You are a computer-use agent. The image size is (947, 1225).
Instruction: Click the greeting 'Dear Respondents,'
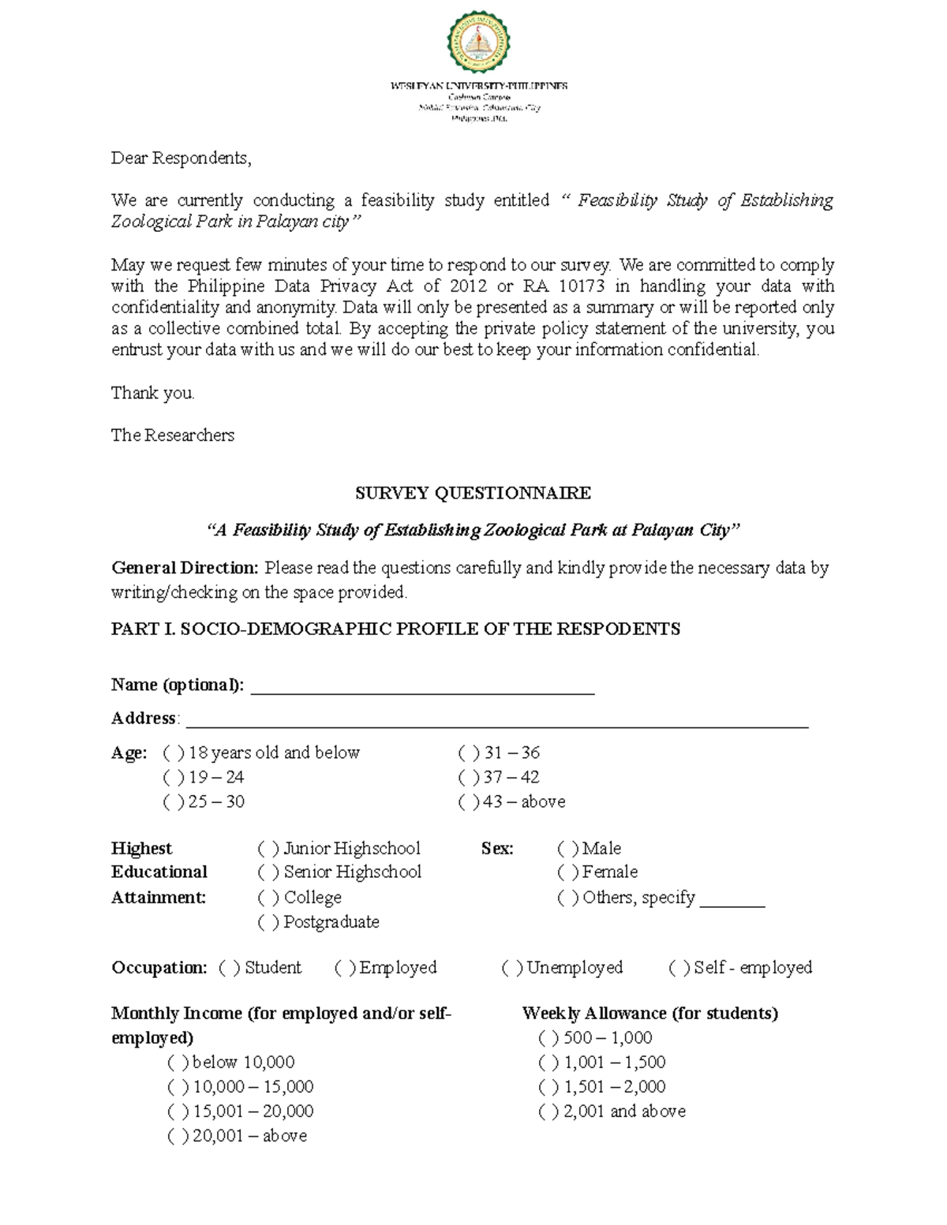pyautogui.click(x=181, y=159)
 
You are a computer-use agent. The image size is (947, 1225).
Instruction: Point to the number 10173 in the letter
pyautogui.click(x=581, y=286)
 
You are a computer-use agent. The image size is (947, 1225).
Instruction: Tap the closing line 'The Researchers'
pyautogui.click(x=172, y=435)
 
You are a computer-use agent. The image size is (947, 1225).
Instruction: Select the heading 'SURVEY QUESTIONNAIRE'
pyautogui.click(x=473, y=494)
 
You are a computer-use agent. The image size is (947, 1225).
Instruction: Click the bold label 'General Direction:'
pyautogui.click(x=185, y=568)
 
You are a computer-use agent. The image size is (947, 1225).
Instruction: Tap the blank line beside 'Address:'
pyautogui.click(x=496, y=723)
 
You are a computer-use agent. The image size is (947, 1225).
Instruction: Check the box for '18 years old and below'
pyautogui.click(x=174, y=753)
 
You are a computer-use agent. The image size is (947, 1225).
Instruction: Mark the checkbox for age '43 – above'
pyautogui.click(x=469, y=802)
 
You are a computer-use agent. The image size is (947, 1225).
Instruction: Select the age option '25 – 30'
pyautogui.click(x=174, y=802)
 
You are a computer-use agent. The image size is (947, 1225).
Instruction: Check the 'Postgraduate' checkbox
pyautogui.click(x=268, y=922)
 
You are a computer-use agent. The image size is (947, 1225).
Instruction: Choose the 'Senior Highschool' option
pyautogui.click(x=268, y=872)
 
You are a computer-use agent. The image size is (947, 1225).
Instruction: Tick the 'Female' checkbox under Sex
pyautogui.click(x=567, y=872)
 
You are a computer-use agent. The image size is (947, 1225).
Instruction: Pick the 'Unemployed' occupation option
pyautogui.click(x=512, y=968)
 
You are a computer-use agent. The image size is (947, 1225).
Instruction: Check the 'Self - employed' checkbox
pyautogui.click(x=679, y=968)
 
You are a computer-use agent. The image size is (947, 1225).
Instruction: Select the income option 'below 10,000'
pyautogui.click(x=178, y=1063)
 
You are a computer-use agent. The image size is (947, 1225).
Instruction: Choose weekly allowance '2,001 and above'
pyautogui.click(x=548, y=1112)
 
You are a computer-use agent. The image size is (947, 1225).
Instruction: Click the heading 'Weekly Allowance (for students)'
pyautogui.click(x=649, y=1014)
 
